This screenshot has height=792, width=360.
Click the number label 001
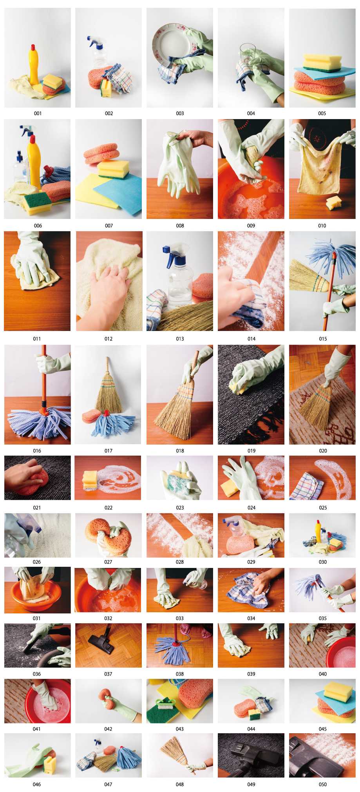click(x=38, y=113)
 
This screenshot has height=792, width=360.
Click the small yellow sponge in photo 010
click(x=334, y=203)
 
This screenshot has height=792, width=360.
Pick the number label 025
click(x=323, y=508)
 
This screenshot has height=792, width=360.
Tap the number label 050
click(x=323, y=784)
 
